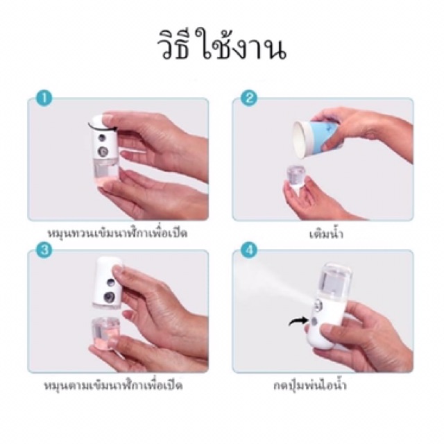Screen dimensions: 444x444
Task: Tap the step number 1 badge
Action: pyautogui.click(x=44, y=99)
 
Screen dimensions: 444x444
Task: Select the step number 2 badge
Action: pyautogui.click(x=249, y=99)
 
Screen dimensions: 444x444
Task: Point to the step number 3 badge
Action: pyautogui.click(x=44, y=250)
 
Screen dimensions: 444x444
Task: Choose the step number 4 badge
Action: pyautogui.click(x=249, y=250)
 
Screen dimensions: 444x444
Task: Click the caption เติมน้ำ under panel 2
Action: pyautogui.click(x=326, y=233)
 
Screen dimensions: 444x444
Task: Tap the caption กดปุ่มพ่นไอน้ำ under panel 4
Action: pyautogui.click(x=310, y=386)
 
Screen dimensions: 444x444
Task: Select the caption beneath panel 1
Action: pyautogui.click(x=118, y=233)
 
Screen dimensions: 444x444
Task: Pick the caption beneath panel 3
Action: pyautogui.click(x=114, y=386)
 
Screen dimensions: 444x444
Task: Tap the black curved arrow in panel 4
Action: pyautogui.click(x=298, y=321)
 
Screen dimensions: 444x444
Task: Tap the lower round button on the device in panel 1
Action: pyautogui.click(x=103, y=152)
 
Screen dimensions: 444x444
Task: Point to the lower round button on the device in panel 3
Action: pyautogui.click(x=109, y=297)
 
